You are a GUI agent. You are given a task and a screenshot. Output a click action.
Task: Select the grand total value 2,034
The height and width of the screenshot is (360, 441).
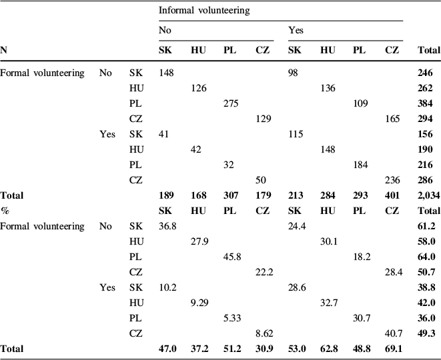coord(428,196)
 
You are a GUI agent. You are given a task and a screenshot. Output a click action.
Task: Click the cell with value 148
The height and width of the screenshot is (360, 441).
coord(167,73)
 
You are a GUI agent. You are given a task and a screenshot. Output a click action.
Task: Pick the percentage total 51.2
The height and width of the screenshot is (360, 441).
coord(231,349)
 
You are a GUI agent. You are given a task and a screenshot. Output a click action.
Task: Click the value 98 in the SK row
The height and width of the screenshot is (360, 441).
coord(294,73)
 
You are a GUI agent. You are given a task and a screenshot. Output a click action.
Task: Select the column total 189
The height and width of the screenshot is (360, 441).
coord(167,196)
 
